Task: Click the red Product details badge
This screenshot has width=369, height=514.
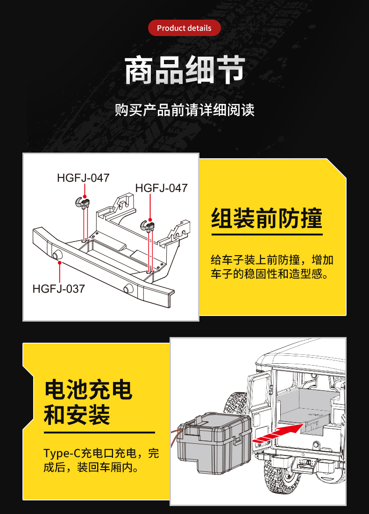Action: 184,28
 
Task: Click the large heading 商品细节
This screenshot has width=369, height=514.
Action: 185,70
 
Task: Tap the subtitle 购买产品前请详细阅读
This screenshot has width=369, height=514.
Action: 184,110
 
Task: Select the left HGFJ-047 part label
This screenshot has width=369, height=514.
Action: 83,178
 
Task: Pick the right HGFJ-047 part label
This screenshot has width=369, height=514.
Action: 161,188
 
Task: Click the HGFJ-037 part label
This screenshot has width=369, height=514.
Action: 58,289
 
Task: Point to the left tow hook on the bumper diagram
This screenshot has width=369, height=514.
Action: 82,202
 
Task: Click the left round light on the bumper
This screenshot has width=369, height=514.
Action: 57,254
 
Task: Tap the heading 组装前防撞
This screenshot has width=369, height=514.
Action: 267,218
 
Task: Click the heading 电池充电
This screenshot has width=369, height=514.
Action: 88,390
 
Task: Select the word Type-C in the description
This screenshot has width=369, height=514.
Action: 62,454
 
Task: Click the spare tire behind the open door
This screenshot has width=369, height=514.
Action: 237,405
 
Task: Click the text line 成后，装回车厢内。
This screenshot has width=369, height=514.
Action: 91,468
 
